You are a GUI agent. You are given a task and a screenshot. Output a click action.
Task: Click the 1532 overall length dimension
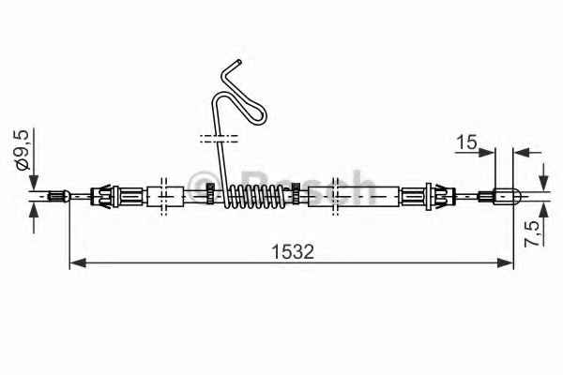293,251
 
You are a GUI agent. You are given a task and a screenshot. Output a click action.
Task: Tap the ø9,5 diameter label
22,150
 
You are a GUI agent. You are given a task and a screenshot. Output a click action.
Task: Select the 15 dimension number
466,142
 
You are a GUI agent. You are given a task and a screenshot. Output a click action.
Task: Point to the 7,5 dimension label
533,233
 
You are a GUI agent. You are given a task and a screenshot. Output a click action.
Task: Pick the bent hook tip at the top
237,63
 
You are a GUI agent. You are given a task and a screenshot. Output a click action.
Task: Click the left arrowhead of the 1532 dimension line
78,262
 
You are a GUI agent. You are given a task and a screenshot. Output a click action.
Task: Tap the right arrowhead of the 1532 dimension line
505,262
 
